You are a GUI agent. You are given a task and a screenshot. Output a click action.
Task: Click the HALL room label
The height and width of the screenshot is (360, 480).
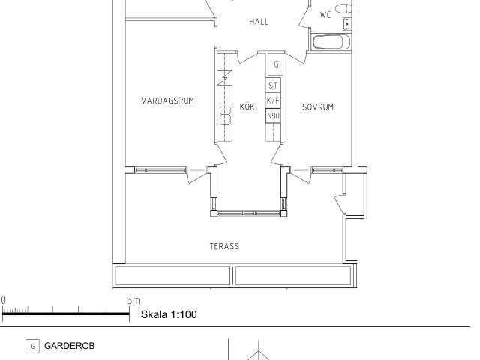click(x=259, y=22)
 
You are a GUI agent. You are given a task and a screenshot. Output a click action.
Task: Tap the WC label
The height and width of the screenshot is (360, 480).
click(x=325, y=15)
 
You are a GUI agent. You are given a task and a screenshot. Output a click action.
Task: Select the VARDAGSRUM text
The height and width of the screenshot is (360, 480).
click(x=168, y=100)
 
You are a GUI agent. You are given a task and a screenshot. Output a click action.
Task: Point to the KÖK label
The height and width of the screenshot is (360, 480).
click(x=247, y=106)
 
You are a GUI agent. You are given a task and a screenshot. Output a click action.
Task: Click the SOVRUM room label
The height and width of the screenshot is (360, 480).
click(x=318, y=106)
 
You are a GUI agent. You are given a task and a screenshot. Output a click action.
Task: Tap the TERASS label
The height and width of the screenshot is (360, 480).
click(x=224, y=246)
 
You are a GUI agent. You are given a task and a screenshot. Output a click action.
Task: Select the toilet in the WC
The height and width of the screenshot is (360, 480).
click(x=343, y=8)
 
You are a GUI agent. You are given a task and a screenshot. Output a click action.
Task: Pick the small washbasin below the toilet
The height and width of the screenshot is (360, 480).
click(x=346, y=24)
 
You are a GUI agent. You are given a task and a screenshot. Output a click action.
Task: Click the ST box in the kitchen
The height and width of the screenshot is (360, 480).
click(x=273, y=85)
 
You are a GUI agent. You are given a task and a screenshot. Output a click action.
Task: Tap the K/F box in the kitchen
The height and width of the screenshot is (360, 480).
click(x=273, y=100)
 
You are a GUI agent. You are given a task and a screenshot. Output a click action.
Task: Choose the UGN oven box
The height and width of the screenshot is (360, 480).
click(x=273, y=115)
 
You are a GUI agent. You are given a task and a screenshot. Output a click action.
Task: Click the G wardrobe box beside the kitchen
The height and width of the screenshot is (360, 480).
click(x=276, y=64)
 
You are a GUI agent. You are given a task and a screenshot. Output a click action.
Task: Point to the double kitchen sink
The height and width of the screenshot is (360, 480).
click(x=225, y=115)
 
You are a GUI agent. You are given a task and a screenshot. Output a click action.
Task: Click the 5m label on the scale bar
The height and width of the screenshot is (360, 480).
click(x=133, y=300)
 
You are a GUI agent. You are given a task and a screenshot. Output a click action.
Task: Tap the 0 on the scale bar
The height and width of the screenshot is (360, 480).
click(x=3, y=300)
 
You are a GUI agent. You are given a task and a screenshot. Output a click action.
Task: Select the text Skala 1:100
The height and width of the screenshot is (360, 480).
click(x=169, y=314)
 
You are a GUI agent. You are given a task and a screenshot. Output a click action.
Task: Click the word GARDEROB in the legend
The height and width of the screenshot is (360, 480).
click(x=70, y=346)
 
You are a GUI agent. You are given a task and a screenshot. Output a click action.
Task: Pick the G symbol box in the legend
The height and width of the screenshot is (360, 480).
click(x=32, y=346)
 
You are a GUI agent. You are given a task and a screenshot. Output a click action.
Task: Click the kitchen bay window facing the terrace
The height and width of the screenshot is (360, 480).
click(x=249, y=213)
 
